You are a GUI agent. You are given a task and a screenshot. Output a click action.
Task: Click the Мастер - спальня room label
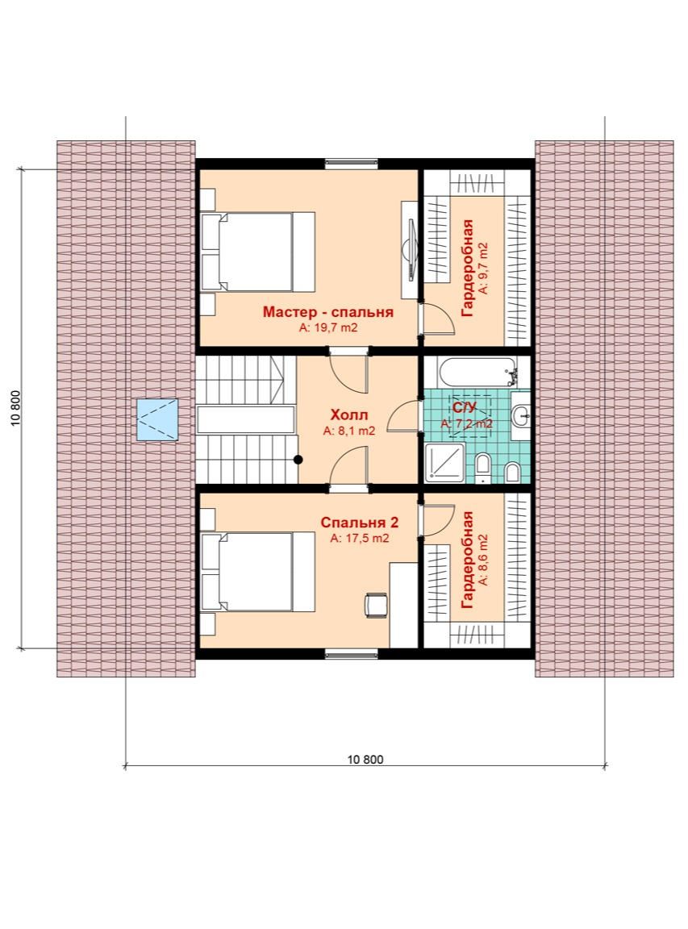327,311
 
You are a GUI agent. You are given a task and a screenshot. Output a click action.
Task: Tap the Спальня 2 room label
359,523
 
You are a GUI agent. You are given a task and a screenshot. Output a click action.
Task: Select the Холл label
349,415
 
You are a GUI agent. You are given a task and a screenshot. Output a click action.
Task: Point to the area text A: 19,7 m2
327,327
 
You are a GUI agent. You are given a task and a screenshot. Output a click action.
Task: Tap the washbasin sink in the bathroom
522,415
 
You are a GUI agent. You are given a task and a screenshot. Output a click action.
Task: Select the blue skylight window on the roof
157,419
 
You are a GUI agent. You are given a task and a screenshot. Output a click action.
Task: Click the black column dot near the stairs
298,459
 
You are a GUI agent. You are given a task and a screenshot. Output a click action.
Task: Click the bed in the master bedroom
257,252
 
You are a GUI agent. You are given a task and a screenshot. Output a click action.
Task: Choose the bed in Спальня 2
257,571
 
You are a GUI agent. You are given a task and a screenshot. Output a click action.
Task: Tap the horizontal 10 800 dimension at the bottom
365,760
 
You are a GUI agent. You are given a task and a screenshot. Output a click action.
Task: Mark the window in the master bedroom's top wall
351,165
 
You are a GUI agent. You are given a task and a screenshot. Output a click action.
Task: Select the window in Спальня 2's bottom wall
351,654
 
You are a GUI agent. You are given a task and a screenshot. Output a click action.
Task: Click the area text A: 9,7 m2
484,268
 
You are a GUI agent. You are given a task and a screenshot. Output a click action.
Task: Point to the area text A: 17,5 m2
359,539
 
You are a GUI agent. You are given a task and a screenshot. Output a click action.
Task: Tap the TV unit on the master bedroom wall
410,250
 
